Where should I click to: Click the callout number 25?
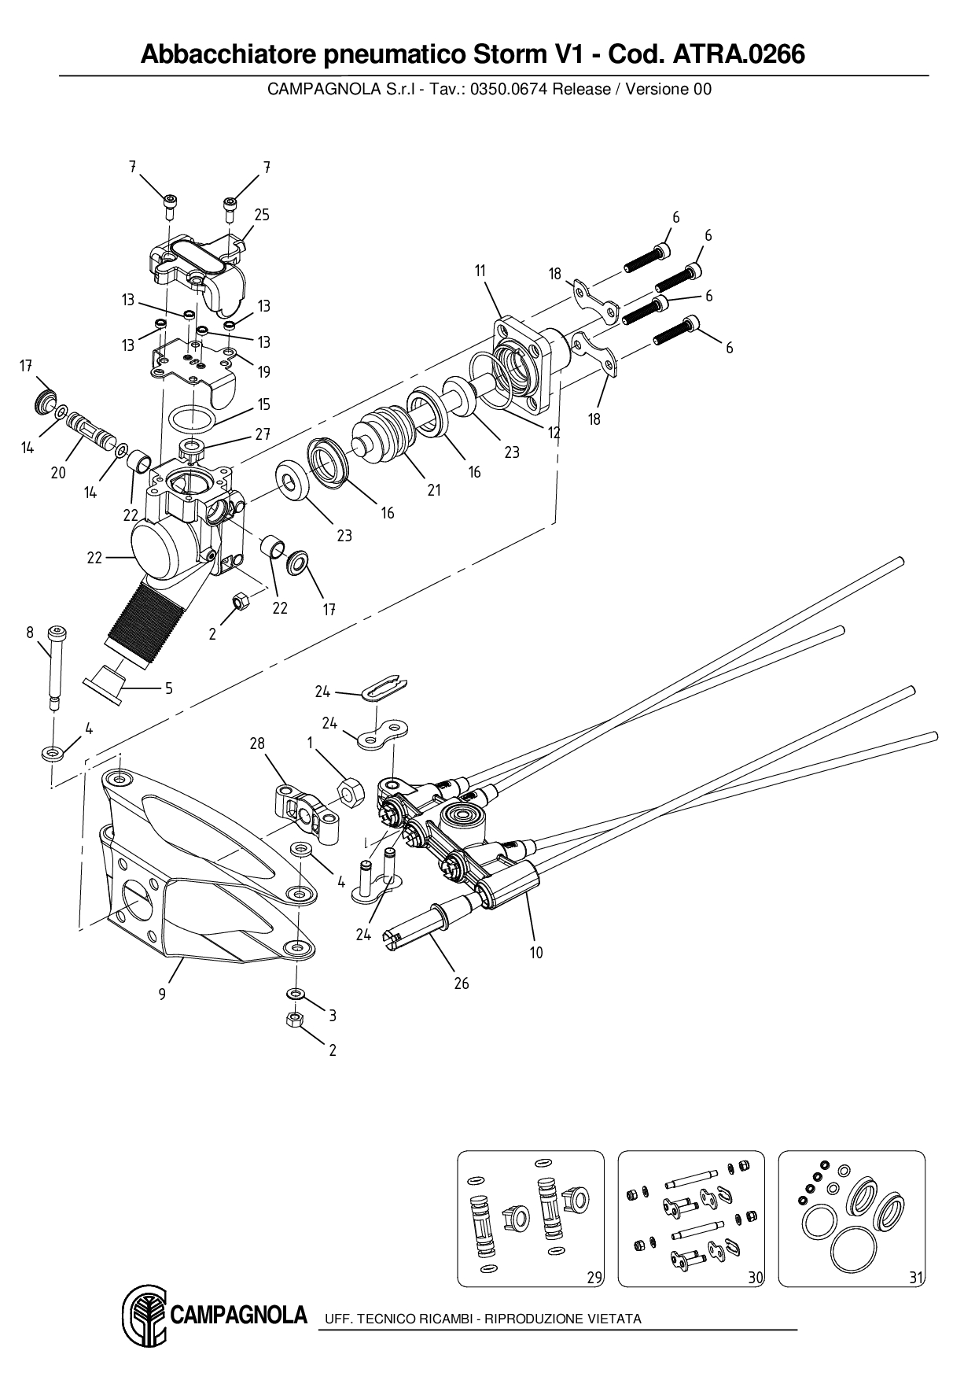click(x=262, y=215)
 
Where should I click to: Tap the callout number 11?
click(x=480, y=271)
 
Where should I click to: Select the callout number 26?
click(x=462, y=983)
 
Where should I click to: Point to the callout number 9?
click(x=162, y=994)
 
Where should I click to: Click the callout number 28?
click(x=257, y=743)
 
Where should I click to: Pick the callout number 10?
click(x=536, y=953)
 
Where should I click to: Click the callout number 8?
click(x=30, y=631)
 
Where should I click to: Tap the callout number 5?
click(x=168, y=688)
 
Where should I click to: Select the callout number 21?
click(x=434, y=490)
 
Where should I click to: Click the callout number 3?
click(x=333, y=1016)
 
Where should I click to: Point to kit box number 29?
click(x=595, y=1278)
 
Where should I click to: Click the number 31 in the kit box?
click(x=916, y=1278)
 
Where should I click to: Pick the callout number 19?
click(x=264, y=372)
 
